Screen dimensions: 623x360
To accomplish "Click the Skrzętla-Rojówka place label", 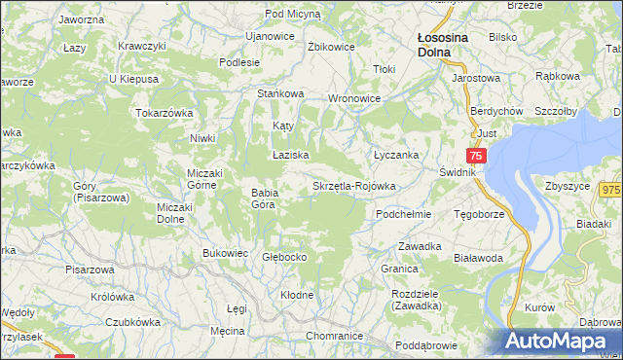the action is click(x=353, y=186).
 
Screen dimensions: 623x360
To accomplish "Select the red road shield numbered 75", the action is click(x=475, y=156).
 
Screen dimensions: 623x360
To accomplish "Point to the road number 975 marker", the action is click(x=610, y=191).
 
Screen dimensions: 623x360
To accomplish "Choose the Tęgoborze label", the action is click(x=478, y=213).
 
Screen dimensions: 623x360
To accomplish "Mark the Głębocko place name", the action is click(x=285, y=258).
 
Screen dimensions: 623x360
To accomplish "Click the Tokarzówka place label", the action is click(x=165, y=113).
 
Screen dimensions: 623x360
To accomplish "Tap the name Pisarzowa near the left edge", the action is click(x=90, y=270).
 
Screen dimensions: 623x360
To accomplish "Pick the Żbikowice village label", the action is click(x=328, y=46).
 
